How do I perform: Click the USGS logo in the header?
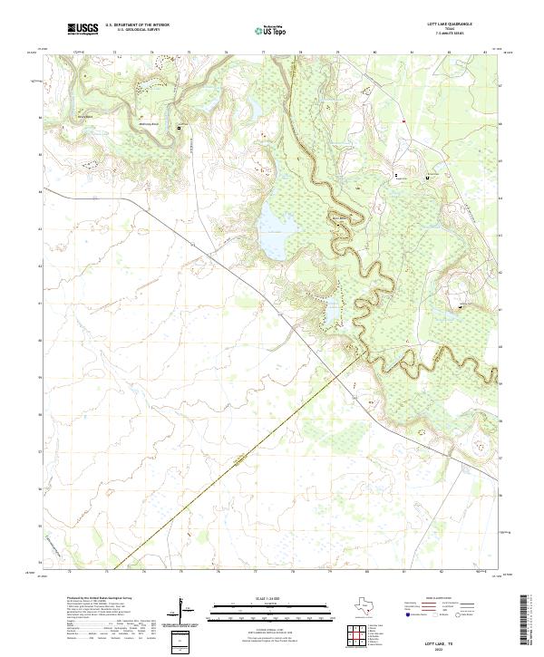[83, 29]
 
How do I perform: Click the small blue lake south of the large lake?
[332, 313]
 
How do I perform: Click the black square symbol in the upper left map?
[179, 129]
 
